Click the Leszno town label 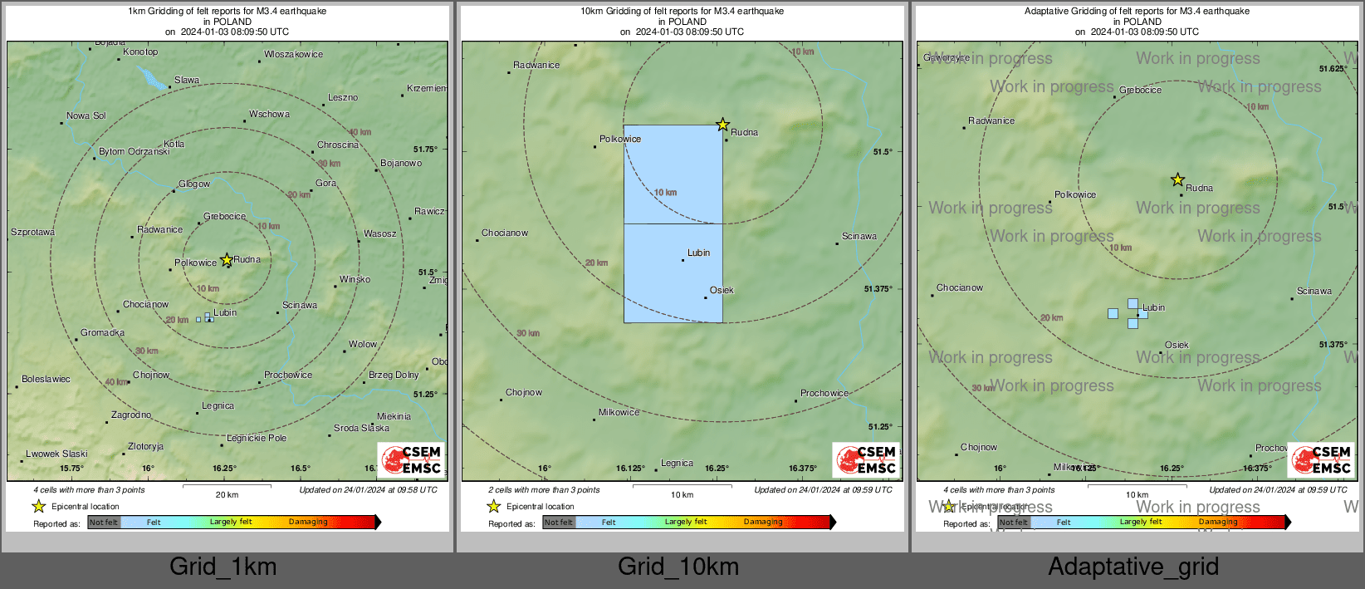click(342, 97)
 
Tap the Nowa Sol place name click(86, 115)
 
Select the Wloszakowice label click(294, 54)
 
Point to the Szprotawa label click(32, 232)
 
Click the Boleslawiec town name click(46, 379)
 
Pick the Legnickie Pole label click(257, 438)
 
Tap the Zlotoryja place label click(145, 446)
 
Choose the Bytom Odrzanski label click(134, 151)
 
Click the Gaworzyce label click(947, 57)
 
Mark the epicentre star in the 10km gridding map click(722, 125)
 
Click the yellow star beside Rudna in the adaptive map click(1177, 179)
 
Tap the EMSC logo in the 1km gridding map click(412, 459)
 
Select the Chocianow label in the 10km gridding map click(505, 233)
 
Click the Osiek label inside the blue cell click(722, 290)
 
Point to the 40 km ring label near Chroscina click(360, 132)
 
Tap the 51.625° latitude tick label click(1333, 69)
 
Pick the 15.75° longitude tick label click(71, 469)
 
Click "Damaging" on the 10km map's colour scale click(763, 522)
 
